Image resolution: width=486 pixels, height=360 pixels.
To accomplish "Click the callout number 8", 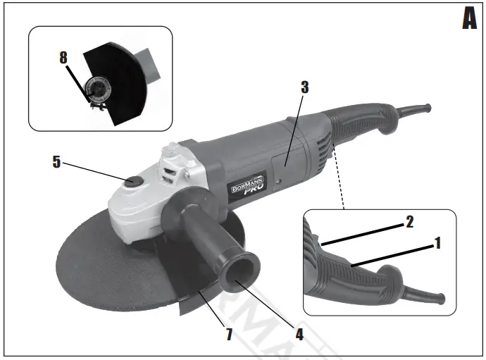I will [x=63, y=57].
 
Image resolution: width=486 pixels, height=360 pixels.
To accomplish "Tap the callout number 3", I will [x=304, y=88].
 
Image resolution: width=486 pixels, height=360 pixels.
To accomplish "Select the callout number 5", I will [x=56, y=161].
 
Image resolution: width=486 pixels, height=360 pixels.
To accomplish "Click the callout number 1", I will [x=437, y=244].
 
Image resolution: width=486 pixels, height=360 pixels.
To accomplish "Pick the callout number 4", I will [x=299, y=333].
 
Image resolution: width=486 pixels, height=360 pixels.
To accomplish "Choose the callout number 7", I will [x=228, y=333].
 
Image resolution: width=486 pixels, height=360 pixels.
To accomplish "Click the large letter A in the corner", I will [x=469, y=19].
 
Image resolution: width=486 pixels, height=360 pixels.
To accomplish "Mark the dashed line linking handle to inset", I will [x=339, y=176].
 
